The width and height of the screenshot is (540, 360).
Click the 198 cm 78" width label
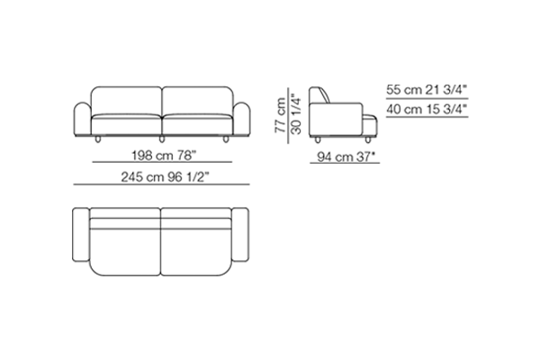coord(164,156)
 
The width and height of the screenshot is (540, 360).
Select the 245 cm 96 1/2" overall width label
coord(165,177)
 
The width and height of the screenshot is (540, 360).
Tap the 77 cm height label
coord(280,115)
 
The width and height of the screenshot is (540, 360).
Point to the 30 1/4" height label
coord(296,114)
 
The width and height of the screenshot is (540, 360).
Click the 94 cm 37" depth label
coord(346,157)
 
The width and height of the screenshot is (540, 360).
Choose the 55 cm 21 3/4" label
coord(427,90)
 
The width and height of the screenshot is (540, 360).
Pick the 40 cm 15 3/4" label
coord(427,109)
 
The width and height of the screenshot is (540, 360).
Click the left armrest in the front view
coord(83,119)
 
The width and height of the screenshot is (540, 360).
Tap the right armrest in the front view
coord(242,119)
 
